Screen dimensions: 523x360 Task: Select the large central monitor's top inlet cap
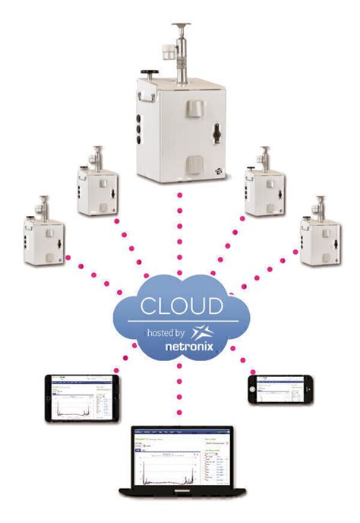pos(182,28)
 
